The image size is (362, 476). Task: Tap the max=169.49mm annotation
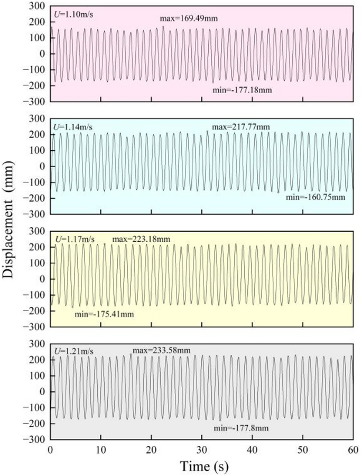[189, 19]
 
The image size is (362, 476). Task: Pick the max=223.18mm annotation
[141, 240]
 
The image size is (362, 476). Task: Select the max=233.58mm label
[161, 351]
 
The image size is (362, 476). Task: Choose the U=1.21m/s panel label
[73, 351]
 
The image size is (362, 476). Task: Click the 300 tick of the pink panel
[38, 6]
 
